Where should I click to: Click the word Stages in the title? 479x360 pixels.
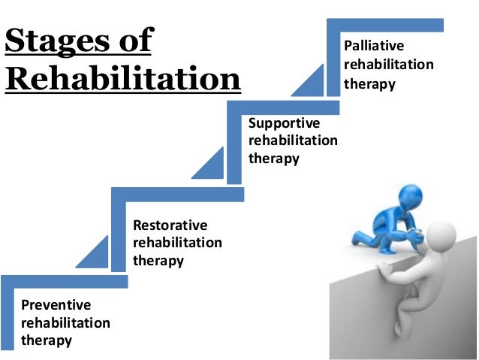(x=54, y=41)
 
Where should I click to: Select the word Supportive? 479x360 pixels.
(x=284, y=123)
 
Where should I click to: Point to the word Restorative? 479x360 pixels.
(x=170, y=225)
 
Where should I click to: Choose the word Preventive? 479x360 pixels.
(x=56, y=305)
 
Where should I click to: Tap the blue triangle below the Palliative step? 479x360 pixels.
(x=309, y=83)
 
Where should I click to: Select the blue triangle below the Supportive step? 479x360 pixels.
(x=212, y=165)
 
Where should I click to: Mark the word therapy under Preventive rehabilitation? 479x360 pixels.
(x=47, y=340)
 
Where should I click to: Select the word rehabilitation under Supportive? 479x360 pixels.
(x=293, y=141)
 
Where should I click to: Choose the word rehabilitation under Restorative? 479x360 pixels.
(x=177, y=243)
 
